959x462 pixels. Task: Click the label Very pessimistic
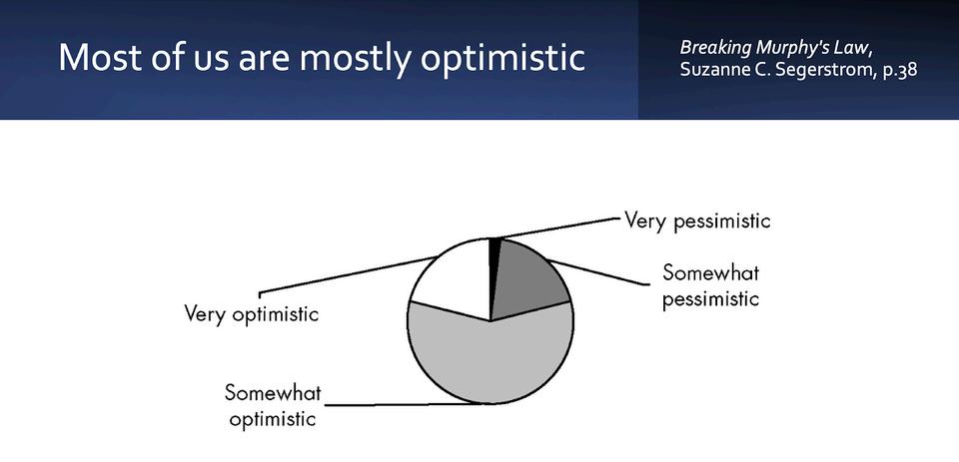pos(696,221)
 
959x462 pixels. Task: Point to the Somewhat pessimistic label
pos(710,285)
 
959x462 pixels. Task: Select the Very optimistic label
pos(252,313)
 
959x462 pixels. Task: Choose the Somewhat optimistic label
pos(273,406)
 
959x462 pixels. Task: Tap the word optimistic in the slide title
pos(502,59)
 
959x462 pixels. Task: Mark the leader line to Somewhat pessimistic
pos(597,272)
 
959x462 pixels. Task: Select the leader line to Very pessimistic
pos(557,228)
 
